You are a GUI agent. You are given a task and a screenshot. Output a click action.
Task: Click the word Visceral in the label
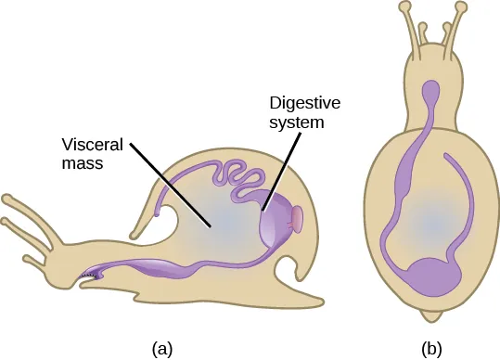[92, 147]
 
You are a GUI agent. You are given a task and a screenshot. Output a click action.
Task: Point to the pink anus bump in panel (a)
[300, 219]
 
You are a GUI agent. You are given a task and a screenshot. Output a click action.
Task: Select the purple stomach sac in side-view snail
[276, 225]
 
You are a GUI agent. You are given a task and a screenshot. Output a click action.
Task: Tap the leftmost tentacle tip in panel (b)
[405, 7]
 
